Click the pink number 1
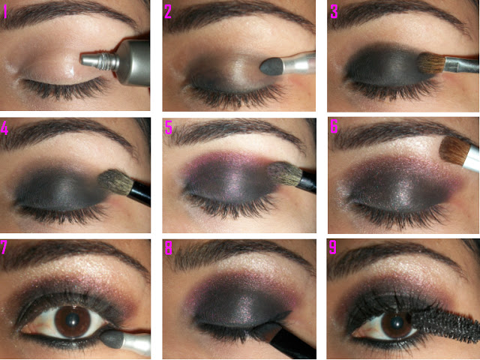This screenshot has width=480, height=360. pos(4,12)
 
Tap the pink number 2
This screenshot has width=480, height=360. pos(168,12)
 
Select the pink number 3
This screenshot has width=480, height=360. pos(334,12)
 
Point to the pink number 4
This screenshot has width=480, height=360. pos(4,128)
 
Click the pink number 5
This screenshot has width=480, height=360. pos(169,127)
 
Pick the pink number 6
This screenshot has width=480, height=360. pos(334,127)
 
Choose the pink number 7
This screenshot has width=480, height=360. pos(4,247)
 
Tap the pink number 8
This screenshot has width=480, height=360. pos(169,248)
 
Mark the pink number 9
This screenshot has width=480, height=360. pos(333,247)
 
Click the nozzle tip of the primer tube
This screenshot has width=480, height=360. pos(82,59)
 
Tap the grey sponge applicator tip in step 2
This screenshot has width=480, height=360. pos(271,67)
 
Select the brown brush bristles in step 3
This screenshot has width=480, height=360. pos(431,63)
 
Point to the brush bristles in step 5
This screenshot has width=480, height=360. pos(285,174)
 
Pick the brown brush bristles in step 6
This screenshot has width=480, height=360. pos(454,151)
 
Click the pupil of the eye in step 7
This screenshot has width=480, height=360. pos(73,319)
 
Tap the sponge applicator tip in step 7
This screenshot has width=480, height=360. pos(112,339)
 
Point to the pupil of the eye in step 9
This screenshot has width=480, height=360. pos(397,322)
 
